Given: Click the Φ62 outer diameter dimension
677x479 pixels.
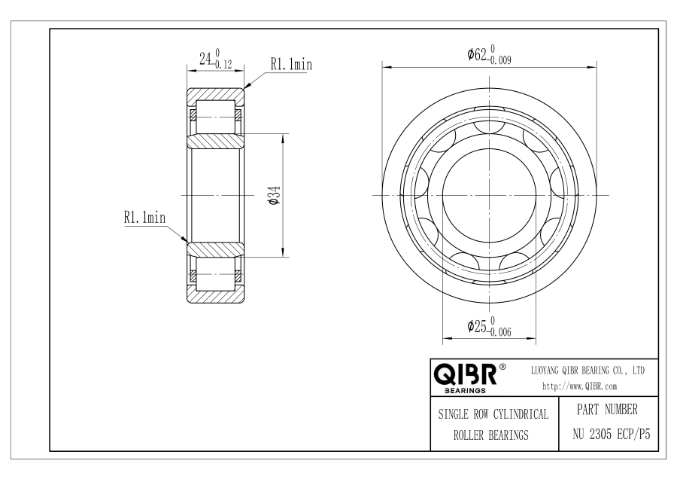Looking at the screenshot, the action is tap(489, 54).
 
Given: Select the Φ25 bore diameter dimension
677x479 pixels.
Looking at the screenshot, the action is tap(489, 326).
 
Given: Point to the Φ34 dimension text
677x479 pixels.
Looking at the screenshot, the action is tap(275, 195).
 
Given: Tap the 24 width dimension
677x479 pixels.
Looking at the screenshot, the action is tap(215, 59).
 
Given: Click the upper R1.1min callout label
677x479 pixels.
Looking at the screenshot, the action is tap(291, 65).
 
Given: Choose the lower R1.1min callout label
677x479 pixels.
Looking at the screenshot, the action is tap(144, 217).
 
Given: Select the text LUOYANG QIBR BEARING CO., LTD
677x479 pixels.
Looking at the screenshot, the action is tap(587, 371).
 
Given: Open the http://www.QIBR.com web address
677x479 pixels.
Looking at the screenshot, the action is tap(579, 386).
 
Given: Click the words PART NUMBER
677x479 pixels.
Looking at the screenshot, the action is tap(607, 410).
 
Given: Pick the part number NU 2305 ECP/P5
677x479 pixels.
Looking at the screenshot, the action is tap(612, 434).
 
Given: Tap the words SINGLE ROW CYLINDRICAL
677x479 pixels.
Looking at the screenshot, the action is tap(493, 414).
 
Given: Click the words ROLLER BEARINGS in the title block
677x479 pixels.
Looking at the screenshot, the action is tap(491, 435).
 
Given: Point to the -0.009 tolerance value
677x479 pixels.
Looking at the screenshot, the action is tap(499, 60).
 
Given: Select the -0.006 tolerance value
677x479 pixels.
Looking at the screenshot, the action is tap(499, 331).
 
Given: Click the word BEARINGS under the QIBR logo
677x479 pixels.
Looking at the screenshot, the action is tap(465, 391).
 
